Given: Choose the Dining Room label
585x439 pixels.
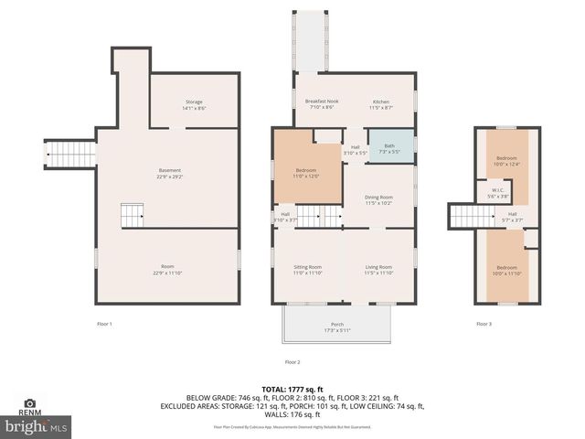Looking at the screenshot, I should tap(378, 199).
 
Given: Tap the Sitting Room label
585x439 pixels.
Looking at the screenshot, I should tap(307, 269).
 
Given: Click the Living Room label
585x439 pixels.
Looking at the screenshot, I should tap(378, 269).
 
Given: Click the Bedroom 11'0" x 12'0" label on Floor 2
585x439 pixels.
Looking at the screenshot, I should tap(306, 172).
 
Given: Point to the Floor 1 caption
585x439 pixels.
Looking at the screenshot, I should tap(105, 324).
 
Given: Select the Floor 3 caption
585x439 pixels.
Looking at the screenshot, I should tap(483, 324).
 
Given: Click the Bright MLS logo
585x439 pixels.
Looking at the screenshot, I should tap(37, 427).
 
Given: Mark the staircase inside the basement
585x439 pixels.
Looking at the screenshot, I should tap(133, 217).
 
